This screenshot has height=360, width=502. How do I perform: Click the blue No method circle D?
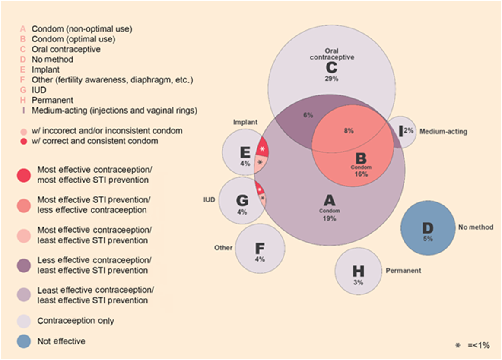(x=428, y=228)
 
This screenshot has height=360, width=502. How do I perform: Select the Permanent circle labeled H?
(x=358, y=271)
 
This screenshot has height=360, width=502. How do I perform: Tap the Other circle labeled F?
(x=260, y=249)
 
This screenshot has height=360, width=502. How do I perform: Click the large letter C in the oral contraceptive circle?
(x=332, y=67)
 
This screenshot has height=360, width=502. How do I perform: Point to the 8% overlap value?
(x=349, y=130)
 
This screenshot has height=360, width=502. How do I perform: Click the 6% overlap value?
(x=308, y=115)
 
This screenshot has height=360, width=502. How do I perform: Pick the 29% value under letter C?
(x=332, y=79)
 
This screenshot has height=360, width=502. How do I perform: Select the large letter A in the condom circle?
(x=330, y=201)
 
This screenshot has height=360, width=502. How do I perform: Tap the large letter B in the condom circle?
(x=361, y=158)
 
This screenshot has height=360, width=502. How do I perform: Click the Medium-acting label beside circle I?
(x=443, y=132)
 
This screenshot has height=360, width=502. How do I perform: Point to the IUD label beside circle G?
(x=209, y=200)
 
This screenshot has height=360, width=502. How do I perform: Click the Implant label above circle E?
(x=245, y=122)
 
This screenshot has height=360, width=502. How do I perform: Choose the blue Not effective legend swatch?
(x=24, y=341)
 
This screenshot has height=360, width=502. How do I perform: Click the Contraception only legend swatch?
(x=24, y=321)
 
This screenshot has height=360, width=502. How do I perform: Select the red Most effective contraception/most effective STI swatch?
(x=24, y=175)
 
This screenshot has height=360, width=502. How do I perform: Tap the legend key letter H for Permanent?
(x=23, y=100)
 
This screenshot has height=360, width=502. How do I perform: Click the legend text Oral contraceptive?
(x=66, y=49)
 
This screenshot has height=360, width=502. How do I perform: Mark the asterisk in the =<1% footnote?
(x=458, y=345)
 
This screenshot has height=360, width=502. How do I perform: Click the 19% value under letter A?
(x=330, y=218)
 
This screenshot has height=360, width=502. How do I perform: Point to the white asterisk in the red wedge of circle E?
(x=262, y=149)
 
